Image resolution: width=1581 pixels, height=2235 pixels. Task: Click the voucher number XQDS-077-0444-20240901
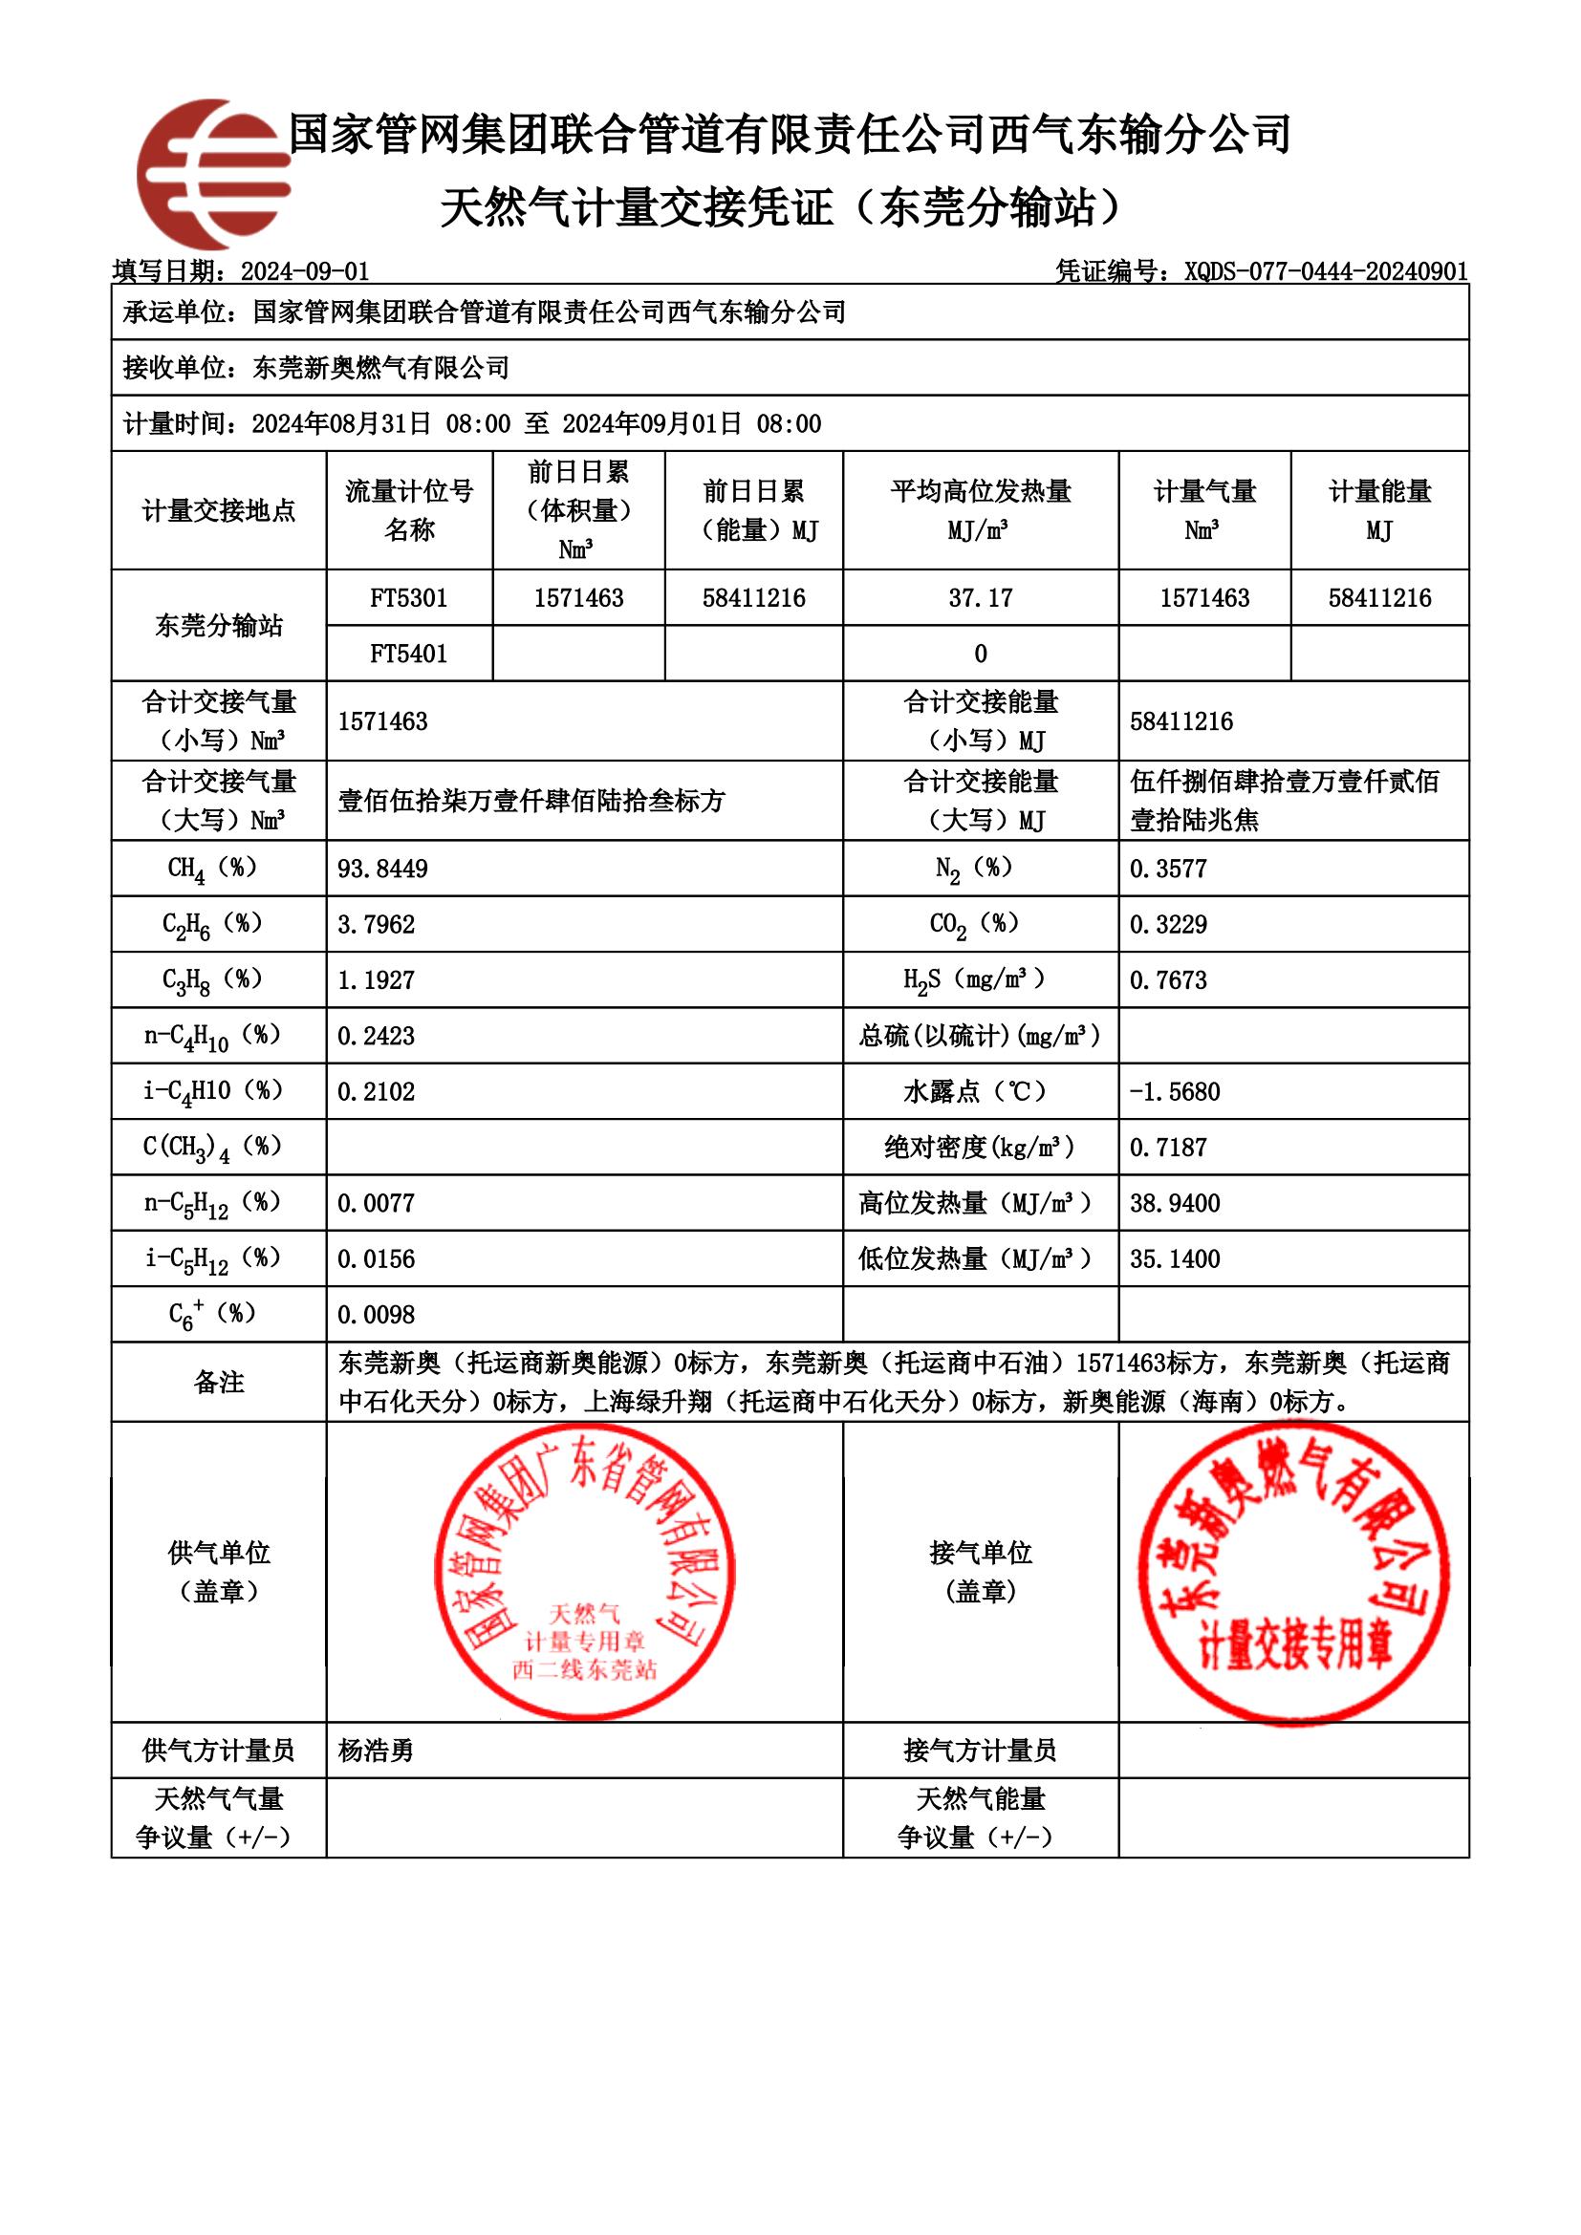click(1325, 271)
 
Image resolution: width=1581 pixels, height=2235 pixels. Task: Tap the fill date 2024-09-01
click(305, 271)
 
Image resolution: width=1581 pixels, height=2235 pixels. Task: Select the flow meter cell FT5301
click(409, 597)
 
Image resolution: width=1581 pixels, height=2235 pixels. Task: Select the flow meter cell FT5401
click(409, 654)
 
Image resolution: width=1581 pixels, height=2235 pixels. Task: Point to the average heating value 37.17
click(981, 597)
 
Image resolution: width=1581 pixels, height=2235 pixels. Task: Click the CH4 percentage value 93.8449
click(382, 870)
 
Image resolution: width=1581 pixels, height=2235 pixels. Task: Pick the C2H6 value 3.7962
click(376, 925)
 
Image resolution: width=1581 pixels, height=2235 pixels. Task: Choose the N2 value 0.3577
click(1168, 870)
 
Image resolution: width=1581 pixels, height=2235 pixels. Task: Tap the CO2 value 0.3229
click(1168, 925)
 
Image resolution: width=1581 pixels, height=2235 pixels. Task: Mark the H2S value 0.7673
click(1168, 980)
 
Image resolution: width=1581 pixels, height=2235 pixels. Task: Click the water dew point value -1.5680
click(1174, 1092)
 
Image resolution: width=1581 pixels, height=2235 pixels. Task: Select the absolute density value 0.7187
click(1168, 1148)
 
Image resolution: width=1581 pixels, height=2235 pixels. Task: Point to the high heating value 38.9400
click(1174, 1204)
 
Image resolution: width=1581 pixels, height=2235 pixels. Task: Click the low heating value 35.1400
click(1174, 1259)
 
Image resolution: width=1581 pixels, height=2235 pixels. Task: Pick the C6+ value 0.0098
click(376, 1315)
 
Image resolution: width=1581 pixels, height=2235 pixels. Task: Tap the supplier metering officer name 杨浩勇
click(376, 1751)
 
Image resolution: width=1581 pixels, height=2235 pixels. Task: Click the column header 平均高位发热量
click(981, 491)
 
